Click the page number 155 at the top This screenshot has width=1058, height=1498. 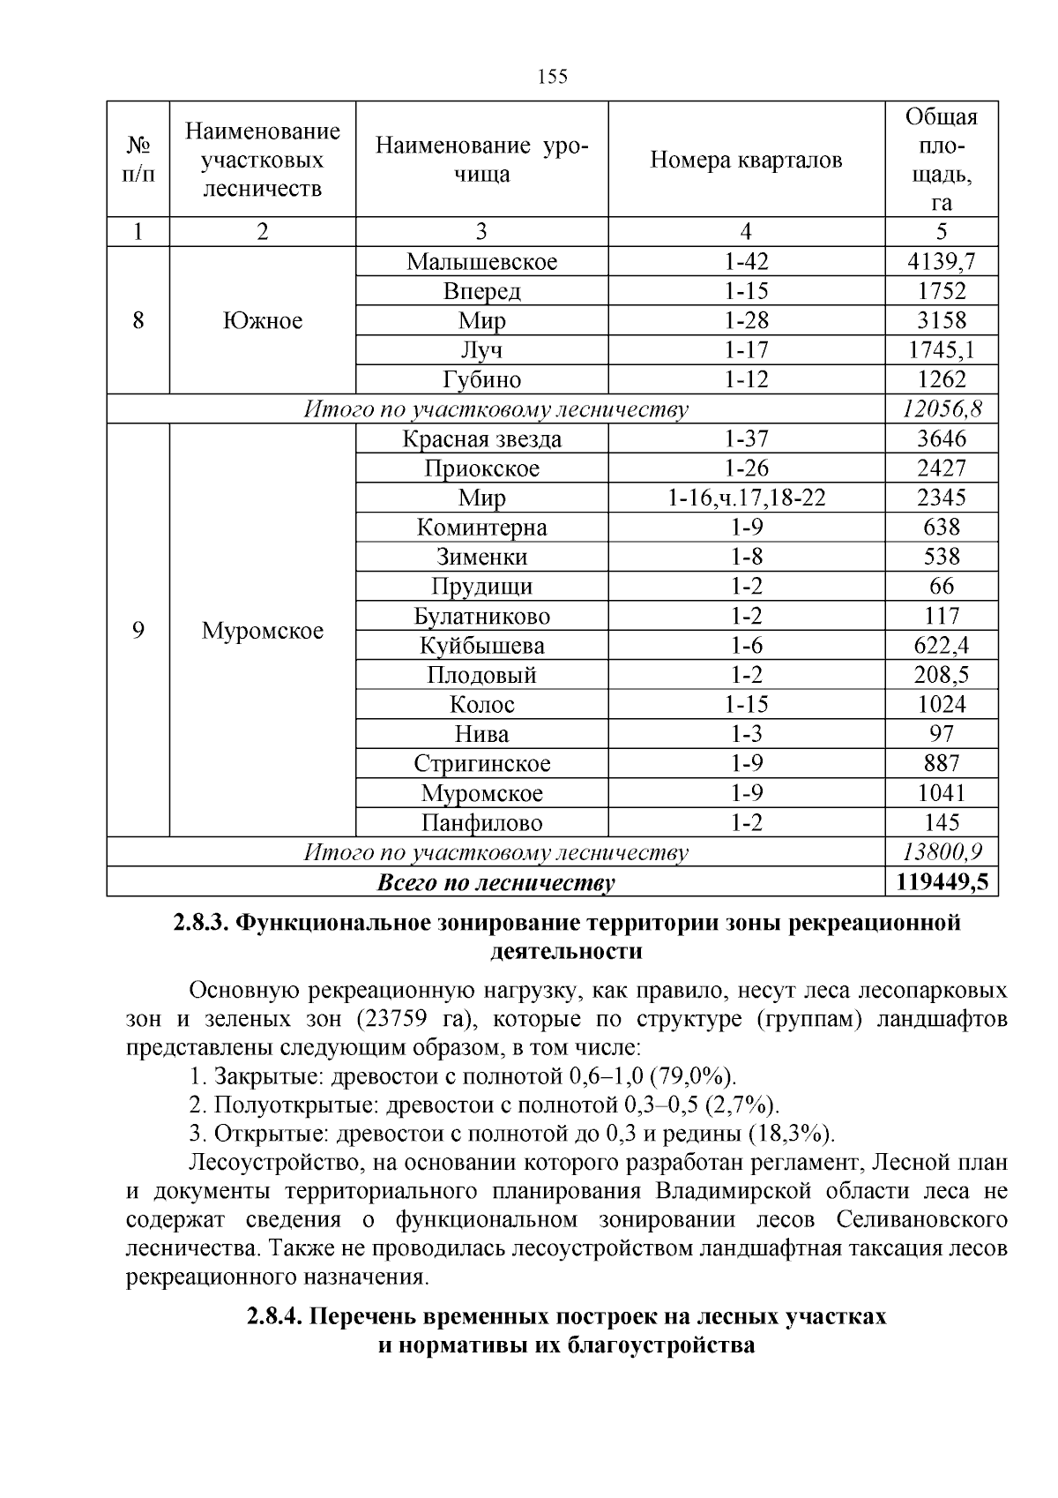click(552, 77)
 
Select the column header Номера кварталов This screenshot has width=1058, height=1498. click(746, 160)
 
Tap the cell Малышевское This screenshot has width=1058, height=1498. click(481, 262)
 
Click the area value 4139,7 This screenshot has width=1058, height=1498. click(941, 262)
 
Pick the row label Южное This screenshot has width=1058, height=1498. click(263, 320)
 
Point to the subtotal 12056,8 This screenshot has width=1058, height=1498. click(941, 409)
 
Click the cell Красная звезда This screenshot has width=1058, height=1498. click(481, 439)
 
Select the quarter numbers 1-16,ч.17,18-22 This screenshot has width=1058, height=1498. click(746, 498)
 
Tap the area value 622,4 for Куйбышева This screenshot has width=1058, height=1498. click(941, 646)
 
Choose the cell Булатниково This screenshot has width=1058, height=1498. click(481, 617)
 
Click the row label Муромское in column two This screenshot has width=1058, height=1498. click(263, 632)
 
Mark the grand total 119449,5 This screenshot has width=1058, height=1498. click(941, 882)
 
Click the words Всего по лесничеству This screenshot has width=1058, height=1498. click(495, 882)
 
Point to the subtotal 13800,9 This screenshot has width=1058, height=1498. click(941, 853)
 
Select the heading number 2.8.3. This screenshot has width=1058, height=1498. click(200, 924)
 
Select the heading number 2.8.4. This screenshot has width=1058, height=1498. click(275, 1317)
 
